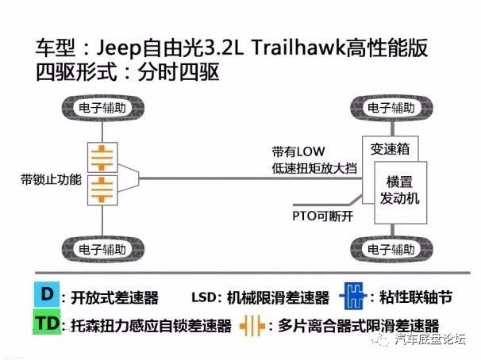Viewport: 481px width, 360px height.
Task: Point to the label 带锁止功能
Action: coord(52,179)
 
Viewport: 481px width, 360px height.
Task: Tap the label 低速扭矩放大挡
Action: coord(309,167)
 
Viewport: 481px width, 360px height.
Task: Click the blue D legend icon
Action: coord(48,295)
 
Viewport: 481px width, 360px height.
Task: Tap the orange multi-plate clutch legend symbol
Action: coord(252,324)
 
